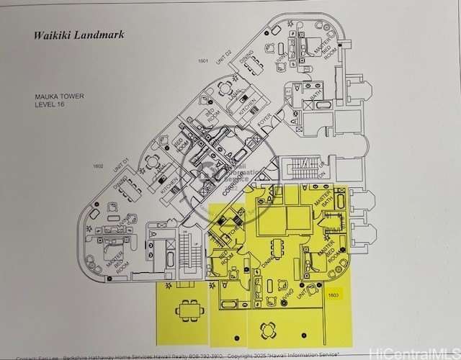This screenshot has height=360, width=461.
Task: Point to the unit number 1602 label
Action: point(98,166)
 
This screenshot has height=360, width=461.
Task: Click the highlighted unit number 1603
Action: point(334,294)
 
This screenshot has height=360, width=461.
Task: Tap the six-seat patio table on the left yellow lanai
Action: point(189,309)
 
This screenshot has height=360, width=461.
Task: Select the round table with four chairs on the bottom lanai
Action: point(268,330)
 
